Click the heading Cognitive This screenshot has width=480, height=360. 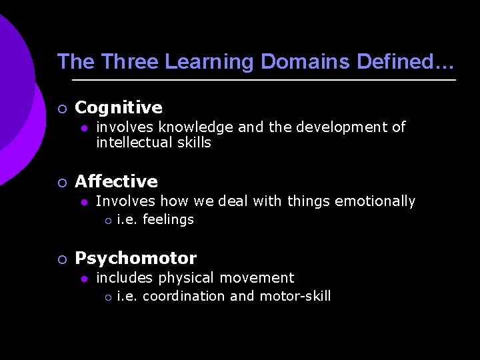pos(119,107)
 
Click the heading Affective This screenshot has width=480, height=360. pos(116,181)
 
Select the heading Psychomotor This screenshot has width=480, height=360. pos(135,258)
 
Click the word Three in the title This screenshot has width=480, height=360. pos(129,62)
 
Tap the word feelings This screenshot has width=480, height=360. pos(168,219)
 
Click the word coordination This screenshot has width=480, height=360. pos(184,296)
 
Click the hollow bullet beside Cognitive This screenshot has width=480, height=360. pos(61,108)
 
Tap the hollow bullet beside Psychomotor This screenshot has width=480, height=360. pos(61,259)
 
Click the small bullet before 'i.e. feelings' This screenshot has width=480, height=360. pos(106,220)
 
